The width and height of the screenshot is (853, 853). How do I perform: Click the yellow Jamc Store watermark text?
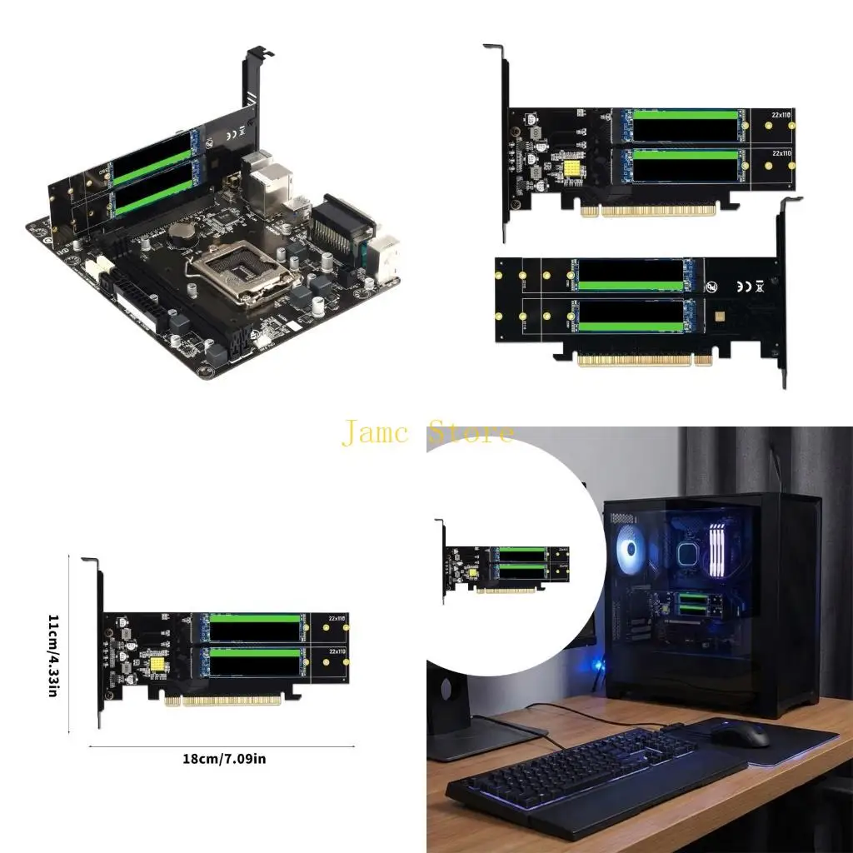(427, 433)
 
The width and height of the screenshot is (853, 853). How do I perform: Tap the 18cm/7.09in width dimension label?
(224, 758)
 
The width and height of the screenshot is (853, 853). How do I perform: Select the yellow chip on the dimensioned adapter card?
(155, 666)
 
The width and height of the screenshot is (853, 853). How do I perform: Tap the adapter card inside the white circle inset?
(505, 567)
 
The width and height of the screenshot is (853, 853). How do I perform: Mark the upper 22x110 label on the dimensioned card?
(337, 618)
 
